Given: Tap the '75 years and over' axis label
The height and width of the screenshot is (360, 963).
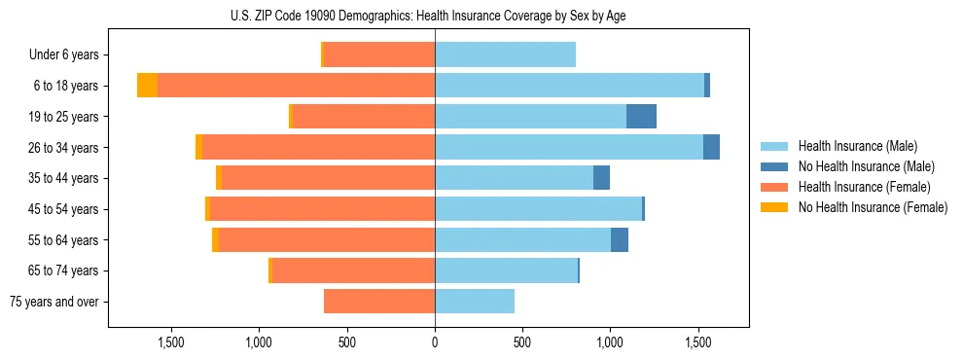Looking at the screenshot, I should point(54,302).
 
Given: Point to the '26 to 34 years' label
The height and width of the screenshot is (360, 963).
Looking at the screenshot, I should point(65,148).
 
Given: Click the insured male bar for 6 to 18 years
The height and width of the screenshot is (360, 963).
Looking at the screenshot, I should point(569,86).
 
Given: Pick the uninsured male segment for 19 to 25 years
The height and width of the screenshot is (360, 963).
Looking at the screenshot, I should point(641,117).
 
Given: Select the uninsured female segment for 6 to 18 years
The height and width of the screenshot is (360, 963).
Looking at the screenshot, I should point(147,86).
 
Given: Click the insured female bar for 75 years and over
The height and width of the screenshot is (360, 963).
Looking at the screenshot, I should point(379,302).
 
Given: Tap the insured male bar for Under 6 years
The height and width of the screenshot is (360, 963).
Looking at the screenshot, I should point(505,55).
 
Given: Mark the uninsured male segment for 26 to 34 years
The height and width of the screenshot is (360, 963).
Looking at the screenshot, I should point(711,148).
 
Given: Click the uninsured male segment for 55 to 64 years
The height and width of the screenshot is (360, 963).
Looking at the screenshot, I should point(620,240).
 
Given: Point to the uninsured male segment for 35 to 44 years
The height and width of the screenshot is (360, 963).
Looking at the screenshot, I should point(601,178).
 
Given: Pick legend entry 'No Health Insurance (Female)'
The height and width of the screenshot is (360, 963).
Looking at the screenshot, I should point(873,207).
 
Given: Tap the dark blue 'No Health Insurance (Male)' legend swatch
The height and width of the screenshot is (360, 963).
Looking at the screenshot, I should point(774,166).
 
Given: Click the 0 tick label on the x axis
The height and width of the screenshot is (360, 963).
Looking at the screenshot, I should point(435,342).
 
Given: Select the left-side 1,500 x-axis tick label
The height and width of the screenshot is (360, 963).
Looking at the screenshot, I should point(171,342).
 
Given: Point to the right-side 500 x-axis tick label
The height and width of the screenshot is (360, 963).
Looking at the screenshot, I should point(522,342).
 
